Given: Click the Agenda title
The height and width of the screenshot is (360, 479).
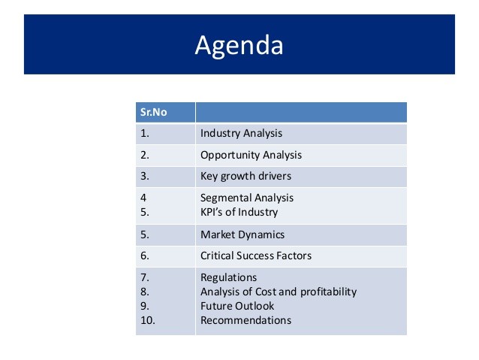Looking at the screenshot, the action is [x=239, y=46].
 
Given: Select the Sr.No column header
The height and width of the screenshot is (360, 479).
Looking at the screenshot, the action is [x=154, y=112].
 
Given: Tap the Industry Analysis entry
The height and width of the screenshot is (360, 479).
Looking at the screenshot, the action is [x=241, y=133].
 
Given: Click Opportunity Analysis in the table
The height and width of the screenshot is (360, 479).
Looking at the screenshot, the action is [x=251, y=155].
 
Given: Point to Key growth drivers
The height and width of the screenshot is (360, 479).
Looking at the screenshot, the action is [x=246, y=176].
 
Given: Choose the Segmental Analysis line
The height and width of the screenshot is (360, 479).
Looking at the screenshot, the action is [x=247, y=198].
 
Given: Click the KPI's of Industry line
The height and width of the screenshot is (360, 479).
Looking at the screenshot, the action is [x=239, y=212].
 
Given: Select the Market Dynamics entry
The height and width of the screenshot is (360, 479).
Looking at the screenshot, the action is [x=243, y=234].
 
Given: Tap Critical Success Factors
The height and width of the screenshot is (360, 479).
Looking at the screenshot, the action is [x=256, y=256].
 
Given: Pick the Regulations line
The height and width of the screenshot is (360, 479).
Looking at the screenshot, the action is [x=228, y=278].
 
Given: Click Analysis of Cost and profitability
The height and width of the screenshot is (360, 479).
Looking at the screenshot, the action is [x=279, y=292].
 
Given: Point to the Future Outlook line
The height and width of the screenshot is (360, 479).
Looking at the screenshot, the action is [x=237, y=306].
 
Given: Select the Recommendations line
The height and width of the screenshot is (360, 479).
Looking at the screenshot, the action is [x=246, y=320].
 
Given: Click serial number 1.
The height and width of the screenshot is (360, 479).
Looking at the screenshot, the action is [x=145, y=133].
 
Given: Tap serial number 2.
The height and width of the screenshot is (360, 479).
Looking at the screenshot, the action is [x=145, y=155].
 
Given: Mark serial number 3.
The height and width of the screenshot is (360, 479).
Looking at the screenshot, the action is [x=145, y=176].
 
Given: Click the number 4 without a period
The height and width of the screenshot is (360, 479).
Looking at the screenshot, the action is [x=143, y=198].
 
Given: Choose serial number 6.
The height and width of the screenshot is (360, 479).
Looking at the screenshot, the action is [x=145, y=256].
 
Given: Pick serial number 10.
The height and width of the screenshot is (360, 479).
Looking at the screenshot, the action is [x=148, y=320].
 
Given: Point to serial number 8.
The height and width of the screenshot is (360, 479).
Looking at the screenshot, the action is [x=145, y=292].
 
